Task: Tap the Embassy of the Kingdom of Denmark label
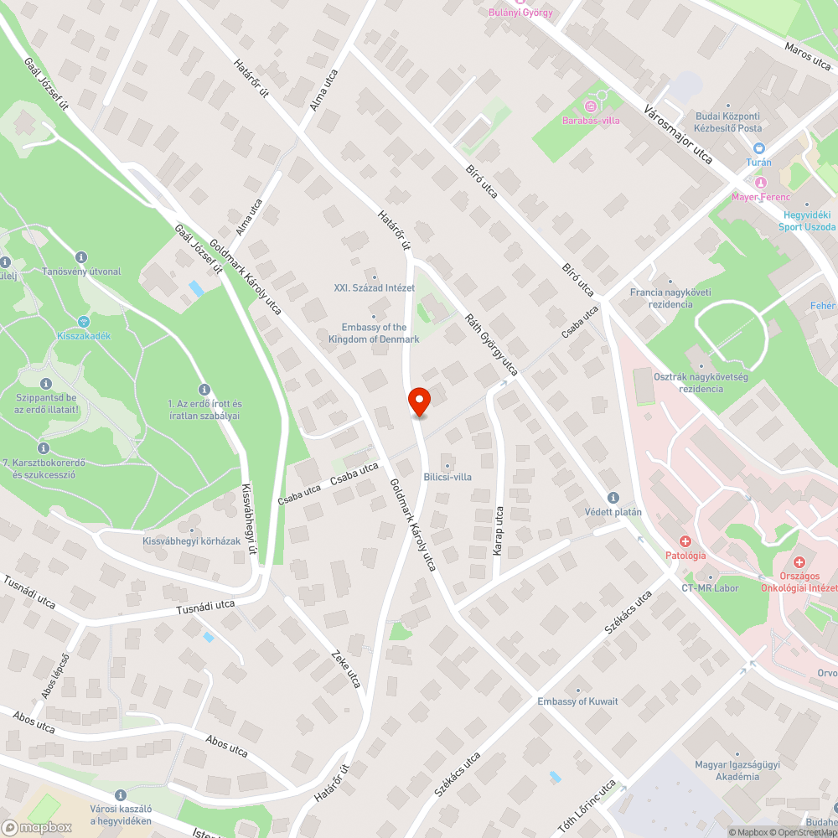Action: [374, 334]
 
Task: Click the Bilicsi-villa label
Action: [447, 477]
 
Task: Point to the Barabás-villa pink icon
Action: [590, 106]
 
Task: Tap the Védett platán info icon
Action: [613, 497]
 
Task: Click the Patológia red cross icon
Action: [685, 541]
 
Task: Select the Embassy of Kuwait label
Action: [577, 701]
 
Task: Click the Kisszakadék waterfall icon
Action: [83, 322]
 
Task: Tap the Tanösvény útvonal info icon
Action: [80, 257]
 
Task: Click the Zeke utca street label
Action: [345, 667]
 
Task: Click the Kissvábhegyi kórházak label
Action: [192, 541]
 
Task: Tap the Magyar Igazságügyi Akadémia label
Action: [727, 770]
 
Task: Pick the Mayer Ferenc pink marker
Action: [761, 184]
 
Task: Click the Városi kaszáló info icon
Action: [120, 794]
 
